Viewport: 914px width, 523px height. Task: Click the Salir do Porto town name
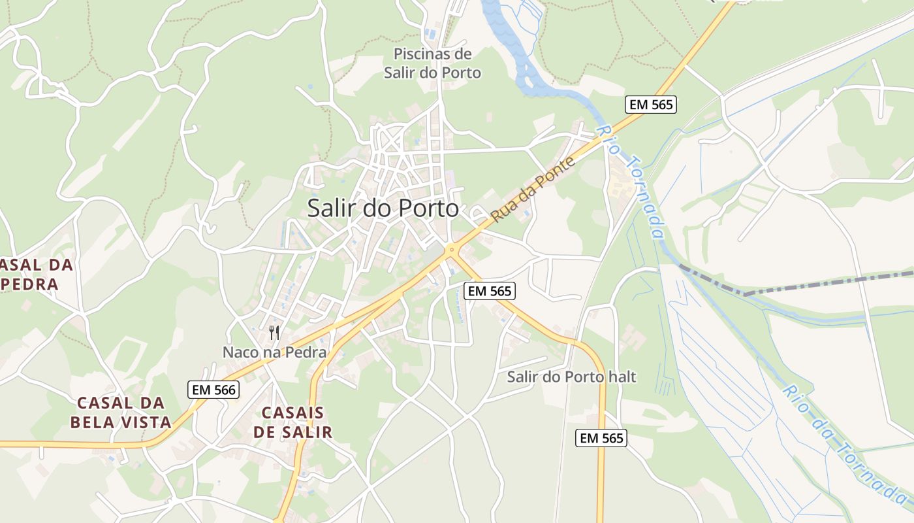click(x=383, y=209)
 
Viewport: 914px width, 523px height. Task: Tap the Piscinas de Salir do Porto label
click(x=432, y=63)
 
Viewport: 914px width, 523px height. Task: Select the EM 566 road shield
click(x=213, y=390)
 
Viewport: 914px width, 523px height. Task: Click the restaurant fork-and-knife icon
click(x=274, y=333)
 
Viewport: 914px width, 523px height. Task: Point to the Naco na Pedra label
click(x=274, y=352)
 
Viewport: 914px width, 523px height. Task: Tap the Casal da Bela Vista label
click(x=121, y=413)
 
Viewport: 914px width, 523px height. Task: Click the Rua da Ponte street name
click(x=533, y=189)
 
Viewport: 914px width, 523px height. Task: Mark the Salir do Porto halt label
click(x=571, y=377)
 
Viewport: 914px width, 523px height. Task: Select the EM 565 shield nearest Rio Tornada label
click(x=650, y=104)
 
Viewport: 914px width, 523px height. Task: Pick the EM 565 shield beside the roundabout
click(x=490, y=291)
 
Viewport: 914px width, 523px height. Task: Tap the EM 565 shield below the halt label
click(x=601, y=438)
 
